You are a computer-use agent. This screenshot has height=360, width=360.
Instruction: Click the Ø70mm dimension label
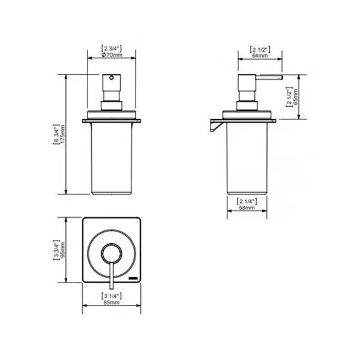click(x=112, y=55)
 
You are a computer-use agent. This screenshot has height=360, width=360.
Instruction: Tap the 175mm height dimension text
click(x=62, y=134)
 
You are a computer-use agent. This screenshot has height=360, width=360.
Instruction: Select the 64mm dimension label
click(x=260, y=56)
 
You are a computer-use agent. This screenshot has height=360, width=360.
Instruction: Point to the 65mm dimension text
click(x=295, y=97)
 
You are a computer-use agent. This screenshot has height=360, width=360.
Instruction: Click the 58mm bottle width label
click(x=247, y=208)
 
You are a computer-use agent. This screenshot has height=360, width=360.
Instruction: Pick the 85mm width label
click(x=112, y=302)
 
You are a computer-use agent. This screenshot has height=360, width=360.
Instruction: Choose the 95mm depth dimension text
click(x=62, y=250)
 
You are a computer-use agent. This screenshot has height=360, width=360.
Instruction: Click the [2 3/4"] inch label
click(x=112, y=49)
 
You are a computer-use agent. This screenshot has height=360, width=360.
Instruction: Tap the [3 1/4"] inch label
click(x=112, y=296)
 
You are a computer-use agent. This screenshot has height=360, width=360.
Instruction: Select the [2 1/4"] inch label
click(x=247, y=202)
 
